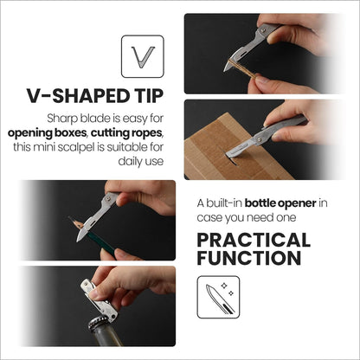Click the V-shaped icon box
[143, 56]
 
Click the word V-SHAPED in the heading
[77, 96]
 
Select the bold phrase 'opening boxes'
[48, 133]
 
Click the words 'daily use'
[141, 161]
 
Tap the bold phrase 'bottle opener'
[280, 203]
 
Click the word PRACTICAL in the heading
[254, 241]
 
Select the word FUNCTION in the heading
[249, 258]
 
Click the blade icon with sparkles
[218, 297]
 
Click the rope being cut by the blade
[241, 68]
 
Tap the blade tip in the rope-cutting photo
[225, 71]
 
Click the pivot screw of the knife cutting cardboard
[260, 140]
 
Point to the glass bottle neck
[105, 337]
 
